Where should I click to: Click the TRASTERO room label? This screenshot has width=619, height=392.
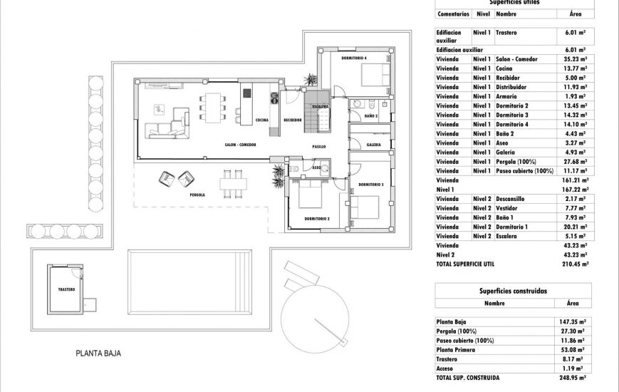click(x=67, y=290)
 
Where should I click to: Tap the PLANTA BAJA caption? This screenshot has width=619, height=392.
click(x=99, y=353)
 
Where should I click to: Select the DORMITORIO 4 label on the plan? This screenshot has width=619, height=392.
click(x=354, y=58)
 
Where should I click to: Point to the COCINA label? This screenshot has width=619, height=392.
click(x=261, y=120)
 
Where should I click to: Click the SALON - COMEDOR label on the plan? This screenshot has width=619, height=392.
click(x=240, y=145)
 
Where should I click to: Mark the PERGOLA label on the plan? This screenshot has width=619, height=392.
click(x=197, y=195)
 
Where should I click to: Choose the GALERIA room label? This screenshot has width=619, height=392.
click(x=373, y=145)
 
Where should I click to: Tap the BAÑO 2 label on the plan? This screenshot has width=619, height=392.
click(x=370, y=115)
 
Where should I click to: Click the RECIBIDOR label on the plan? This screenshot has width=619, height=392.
click(x=293, y=120)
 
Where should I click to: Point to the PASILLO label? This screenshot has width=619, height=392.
click(x=318, y=147)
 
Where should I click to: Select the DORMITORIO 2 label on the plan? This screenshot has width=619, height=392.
click(x=316, y=219)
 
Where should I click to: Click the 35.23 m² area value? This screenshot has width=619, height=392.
click(x=573, y=59)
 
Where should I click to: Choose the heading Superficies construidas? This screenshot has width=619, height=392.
click(x=513, y=291)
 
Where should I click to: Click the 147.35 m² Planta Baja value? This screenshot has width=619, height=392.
click(x=573, y=321)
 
